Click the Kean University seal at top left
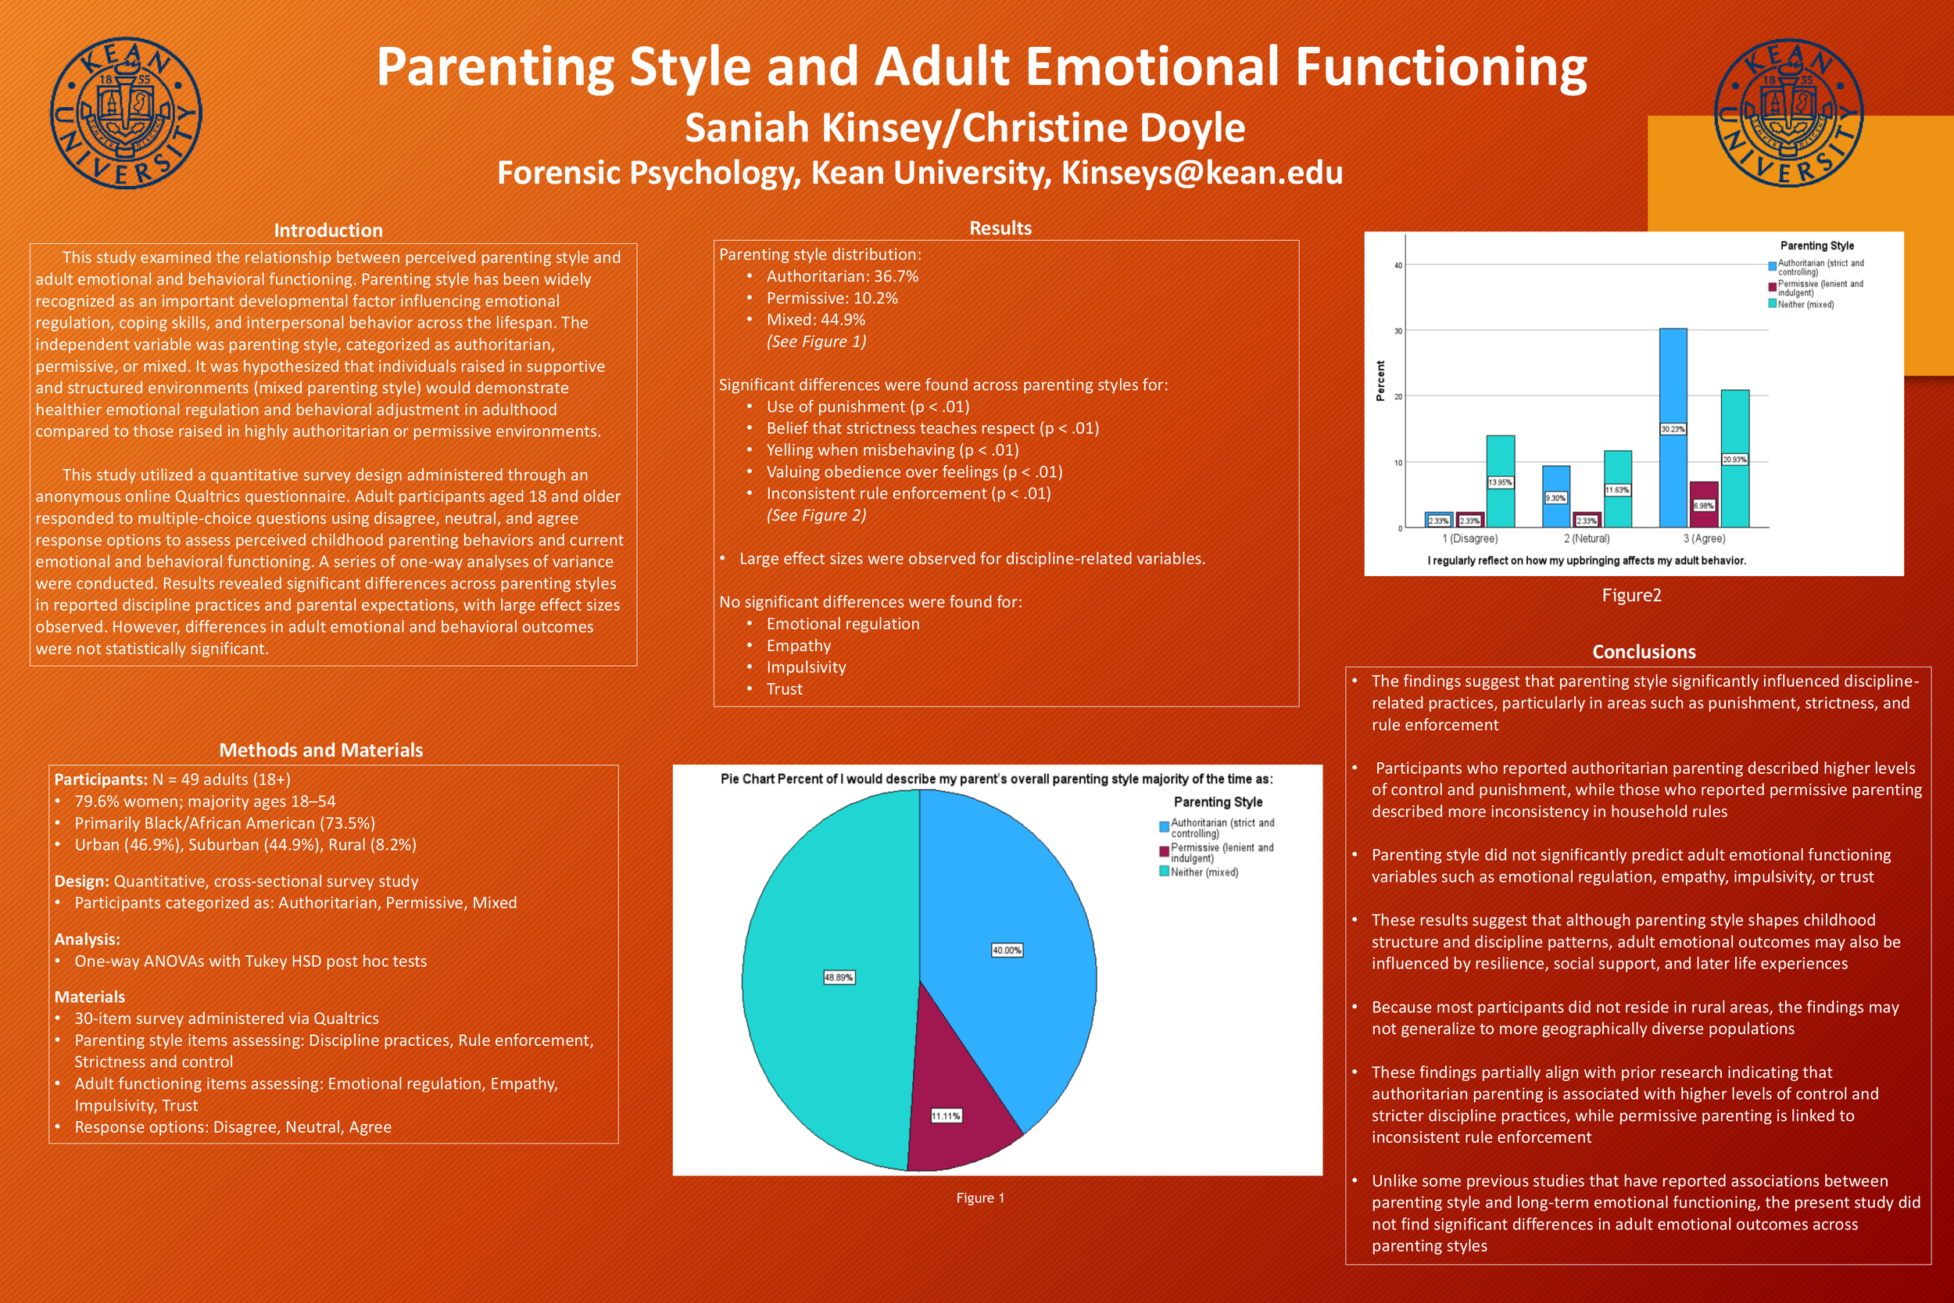[126, 113]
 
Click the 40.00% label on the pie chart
[1007, 950]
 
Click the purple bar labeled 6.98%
[1704, 504]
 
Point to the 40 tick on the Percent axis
[1398, 266]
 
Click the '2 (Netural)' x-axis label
[1587, 539]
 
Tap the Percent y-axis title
[1380, 381]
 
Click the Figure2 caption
[1632, 595]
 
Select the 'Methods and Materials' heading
[320, 750]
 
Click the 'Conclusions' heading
[1643, 652]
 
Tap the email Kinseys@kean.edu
[1201, 173]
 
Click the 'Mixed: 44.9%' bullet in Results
[815, 320]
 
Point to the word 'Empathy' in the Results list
[798, 646]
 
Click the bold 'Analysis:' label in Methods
[88, 939]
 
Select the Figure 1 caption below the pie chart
[980, 1197]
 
